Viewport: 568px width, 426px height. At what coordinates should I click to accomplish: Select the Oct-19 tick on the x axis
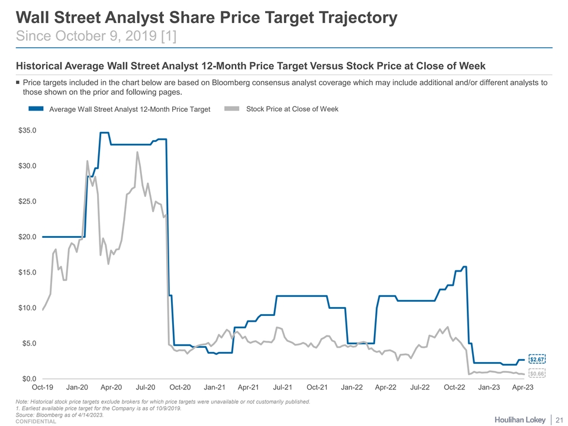[43, 388]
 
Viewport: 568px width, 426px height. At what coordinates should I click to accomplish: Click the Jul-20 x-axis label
[146, 388]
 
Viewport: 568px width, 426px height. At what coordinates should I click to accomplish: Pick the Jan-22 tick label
[352, 388]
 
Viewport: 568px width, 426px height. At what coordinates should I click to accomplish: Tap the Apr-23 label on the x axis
[523, 388]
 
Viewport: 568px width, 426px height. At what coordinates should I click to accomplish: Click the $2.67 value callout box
[537, 359]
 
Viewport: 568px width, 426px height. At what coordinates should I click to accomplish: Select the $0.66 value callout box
[537, 373]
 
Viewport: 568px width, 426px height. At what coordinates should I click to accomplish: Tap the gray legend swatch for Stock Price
[234, 109]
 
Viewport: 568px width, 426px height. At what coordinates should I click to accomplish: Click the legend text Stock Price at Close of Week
[292, 109]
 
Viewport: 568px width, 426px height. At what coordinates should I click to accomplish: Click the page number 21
[559, 419]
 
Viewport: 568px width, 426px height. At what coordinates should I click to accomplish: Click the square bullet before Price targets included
[18, 83]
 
